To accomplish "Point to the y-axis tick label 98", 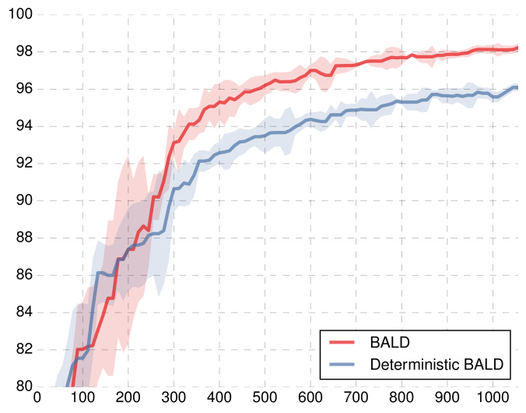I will coord(20,51).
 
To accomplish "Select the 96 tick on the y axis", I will coord(20,89).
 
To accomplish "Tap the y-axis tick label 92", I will coord(20,163).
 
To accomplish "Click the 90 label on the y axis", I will coord(20,200).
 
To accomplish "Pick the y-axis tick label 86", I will coord(20,274).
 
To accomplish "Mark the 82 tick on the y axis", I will coord(20,348).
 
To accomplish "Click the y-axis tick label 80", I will coord(20,386).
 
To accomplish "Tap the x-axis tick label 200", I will coord(128,400).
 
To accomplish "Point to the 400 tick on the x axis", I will coord(219,400).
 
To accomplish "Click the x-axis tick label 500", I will coord(265,400).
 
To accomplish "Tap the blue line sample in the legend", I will coord(343,364).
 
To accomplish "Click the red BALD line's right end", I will coord(517,48).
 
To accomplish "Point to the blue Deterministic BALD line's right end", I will coord(517,87).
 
